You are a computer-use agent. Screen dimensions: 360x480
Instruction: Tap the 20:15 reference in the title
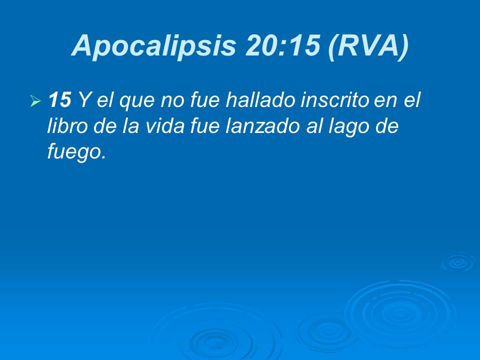click(282, 46)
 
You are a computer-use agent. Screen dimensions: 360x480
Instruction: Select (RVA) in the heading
click(368, 46)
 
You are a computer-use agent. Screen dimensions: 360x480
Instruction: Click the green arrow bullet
click(35, 102)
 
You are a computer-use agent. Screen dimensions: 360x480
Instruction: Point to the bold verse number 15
click(59, 100)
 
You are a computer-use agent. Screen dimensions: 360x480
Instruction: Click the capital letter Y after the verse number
click(84, 100)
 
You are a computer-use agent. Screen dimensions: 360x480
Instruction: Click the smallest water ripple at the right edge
click(457, 262)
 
